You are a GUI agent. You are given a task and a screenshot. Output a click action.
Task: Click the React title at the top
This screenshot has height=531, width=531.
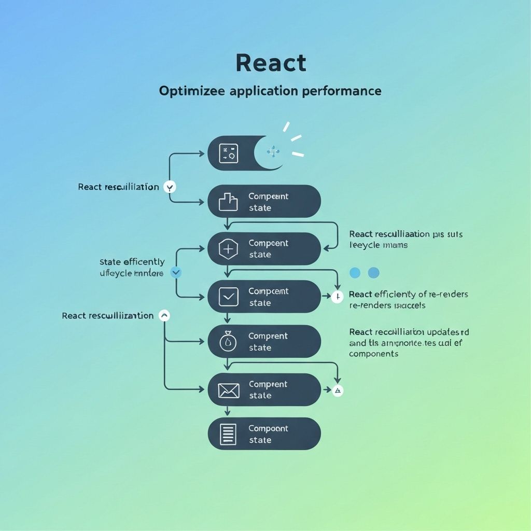271,63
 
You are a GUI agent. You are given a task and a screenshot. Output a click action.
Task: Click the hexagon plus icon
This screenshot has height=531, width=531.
228,249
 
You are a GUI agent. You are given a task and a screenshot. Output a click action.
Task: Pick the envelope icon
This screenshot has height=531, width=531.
228,390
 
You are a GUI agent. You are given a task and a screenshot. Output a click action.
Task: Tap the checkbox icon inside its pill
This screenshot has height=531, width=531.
228,297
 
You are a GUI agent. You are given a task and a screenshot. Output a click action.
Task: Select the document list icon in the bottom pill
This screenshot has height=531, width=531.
228,434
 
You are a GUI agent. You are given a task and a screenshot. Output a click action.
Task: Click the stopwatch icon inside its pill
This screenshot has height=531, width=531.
228,341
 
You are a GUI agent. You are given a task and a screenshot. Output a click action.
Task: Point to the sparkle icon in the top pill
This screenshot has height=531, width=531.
273,151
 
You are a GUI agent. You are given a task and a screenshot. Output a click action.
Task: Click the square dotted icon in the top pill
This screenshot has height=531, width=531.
228,153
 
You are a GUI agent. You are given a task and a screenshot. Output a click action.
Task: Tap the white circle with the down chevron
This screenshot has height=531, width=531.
169,187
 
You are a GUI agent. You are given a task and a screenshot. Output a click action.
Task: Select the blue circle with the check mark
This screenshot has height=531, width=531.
176,271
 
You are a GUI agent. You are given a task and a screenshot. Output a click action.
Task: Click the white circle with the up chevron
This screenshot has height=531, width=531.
164,315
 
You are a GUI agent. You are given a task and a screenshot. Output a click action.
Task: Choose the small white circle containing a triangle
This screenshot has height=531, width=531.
338,390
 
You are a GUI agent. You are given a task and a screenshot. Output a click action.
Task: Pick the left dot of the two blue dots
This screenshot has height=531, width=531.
355,273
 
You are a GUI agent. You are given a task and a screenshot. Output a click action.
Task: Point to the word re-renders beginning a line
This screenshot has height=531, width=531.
369,305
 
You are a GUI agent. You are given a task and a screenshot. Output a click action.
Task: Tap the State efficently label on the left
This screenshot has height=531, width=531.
132,262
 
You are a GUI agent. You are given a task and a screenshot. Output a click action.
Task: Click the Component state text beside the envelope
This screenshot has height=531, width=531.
268,390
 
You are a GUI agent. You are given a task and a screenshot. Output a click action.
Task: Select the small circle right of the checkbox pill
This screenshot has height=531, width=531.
337,297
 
